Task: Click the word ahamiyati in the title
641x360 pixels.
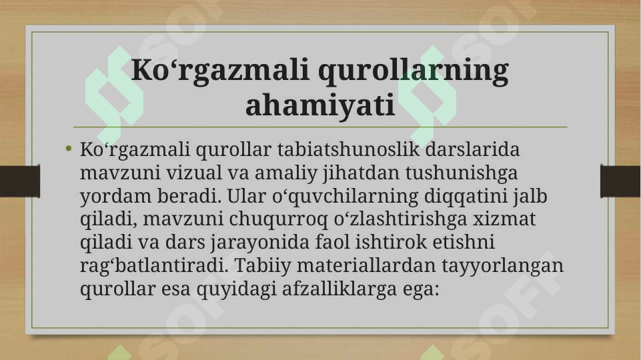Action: [320, 105]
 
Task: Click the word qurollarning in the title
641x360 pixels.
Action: [414, 71]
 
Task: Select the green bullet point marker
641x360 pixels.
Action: [69, 149]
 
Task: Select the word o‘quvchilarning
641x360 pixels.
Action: [345, 197]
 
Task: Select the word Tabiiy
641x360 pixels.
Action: [258, 267]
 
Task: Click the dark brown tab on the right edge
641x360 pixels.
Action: [621, 181]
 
